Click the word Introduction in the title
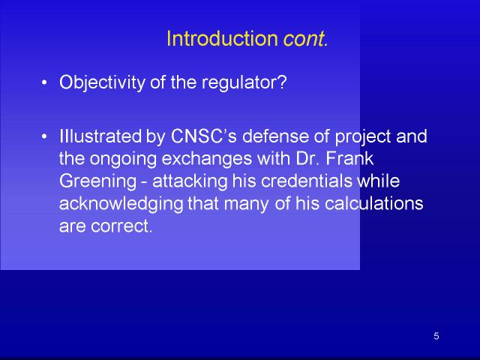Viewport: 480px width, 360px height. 222,38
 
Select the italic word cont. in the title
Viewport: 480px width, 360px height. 305,39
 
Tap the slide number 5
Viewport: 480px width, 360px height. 436,336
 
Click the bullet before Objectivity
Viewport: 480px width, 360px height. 44,82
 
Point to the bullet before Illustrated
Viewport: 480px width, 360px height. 44,136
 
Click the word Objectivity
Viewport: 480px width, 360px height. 102,82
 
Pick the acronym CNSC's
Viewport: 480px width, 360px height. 203,136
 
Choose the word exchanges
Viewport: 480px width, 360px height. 206,158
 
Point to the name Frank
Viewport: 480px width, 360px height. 349,158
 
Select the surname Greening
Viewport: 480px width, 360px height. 97,181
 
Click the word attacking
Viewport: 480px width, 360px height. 190,181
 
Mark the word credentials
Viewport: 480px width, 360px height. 307,181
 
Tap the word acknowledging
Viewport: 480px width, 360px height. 121,204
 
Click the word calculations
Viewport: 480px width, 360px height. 373,203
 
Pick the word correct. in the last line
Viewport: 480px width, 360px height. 121,226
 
